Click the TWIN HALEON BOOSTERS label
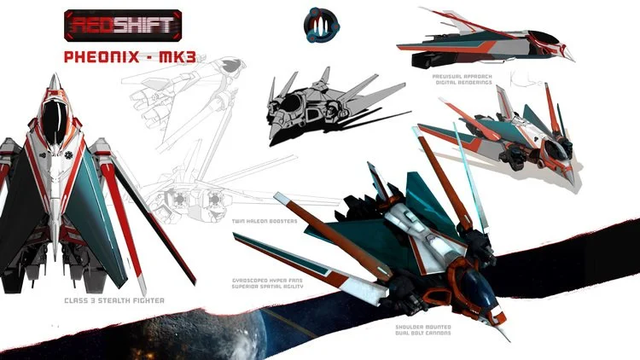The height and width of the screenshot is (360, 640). pos(265,220)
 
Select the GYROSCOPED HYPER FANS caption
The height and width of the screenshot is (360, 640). pos(268,283)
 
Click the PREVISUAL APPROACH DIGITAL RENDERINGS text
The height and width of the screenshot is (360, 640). pos(462,78)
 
